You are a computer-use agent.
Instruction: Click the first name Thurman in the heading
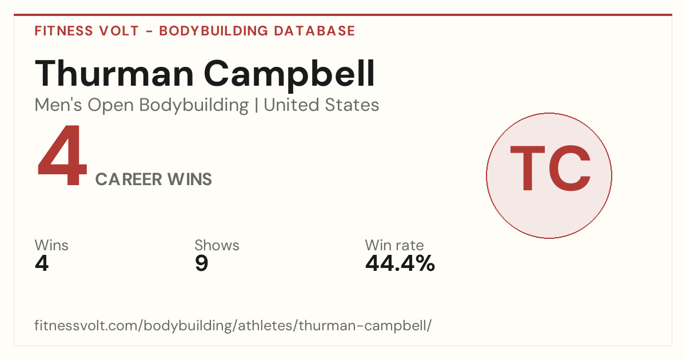114,73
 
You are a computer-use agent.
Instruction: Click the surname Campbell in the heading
289,75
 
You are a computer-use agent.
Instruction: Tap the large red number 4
62,155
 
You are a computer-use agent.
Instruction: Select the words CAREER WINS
153,179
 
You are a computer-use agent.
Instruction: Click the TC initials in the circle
550,168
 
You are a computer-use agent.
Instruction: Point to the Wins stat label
51,245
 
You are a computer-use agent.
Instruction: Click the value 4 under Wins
42,263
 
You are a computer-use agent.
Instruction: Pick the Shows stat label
217,245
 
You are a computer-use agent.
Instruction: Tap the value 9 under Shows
201,263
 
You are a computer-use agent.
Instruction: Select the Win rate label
394,245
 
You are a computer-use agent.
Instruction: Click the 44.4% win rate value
400,263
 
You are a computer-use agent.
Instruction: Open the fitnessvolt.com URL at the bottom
233,325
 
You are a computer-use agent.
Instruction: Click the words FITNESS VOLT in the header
87,31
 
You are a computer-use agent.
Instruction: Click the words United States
321,105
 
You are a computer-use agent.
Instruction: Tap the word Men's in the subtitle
58,105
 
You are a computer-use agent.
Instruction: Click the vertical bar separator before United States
256,105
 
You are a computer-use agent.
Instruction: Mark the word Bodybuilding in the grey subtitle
194,106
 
